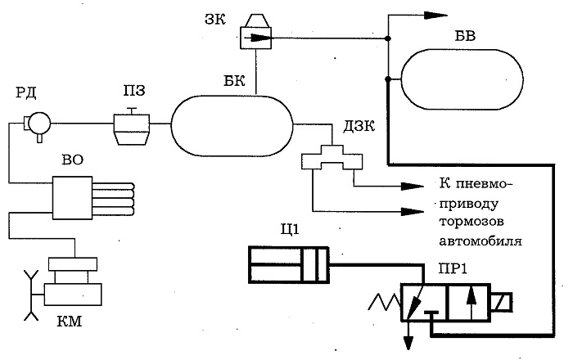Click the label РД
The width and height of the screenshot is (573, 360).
click(25, 92)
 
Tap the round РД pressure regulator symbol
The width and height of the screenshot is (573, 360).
click(39, 123)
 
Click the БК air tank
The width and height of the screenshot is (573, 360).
click(232, 125)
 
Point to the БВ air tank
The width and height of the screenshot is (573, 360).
click(462, 79)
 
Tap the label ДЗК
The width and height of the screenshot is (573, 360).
click(359, 126)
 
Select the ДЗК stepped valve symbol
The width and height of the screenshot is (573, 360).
click(332, 157)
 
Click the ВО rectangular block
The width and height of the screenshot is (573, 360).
click(72, 198)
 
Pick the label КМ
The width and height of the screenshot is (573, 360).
click(70, 322)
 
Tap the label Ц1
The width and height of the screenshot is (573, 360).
click(290, 230)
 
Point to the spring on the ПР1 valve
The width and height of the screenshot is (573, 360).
click(385, 302)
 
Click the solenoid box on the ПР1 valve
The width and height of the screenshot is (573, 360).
click(502, 302)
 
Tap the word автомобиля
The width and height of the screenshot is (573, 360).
click(481, 241)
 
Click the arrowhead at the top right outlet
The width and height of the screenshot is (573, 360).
click(435, 15)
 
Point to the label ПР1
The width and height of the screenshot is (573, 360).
click(453, 269)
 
